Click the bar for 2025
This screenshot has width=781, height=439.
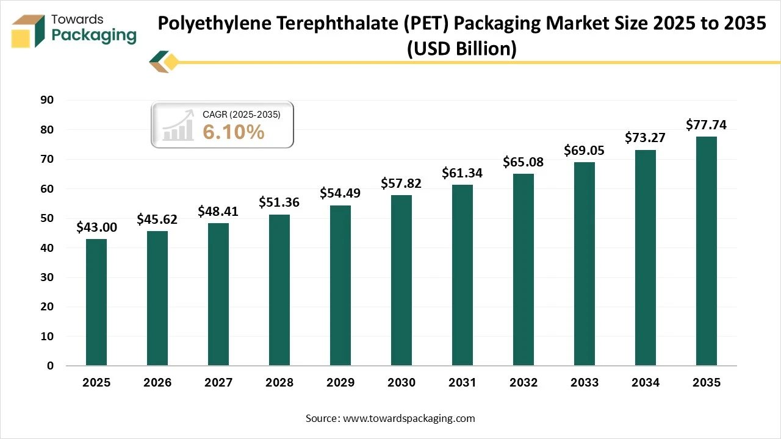click(x=96, y=302)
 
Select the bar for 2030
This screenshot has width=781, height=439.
click(x=401, y=280)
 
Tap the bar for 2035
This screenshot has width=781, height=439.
click(x=707, y=251)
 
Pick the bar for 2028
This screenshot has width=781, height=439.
click(x=279, y=290)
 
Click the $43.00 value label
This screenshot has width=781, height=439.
click(x=96, y=227)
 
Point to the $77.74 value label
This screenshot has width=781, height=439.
click(x=707, y=125)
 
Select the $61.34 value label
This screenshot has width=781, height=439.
click(x=462, y=173)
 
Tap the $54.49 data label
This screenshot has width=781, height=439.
click(x=340, y=193)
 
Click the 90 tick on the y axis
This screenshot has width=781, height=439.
click(x=46, y=100)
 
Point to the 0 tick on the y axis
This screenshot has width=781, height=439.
click(x=51, y=366)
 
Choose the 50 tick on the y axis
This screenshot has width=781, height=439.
click(x=46, y=218)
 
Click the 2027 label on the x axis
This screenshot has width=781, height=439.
click(x=218, y=383)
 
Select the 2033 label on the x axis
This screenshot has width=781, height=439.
click(x=585, y=383)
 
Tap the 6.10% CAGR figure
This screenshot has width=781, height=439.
click(x=234, y=131)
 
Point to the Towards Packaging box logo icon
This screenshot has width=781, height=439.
click(x=29, y=30)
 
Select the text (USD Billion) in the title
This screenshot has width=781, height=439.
click(x=462, y=49)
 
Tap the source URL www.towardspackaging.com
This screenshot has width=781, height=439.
click(x=409, y=418)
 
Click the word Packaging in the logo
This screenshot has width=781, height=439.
click(x=94, y=35)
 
